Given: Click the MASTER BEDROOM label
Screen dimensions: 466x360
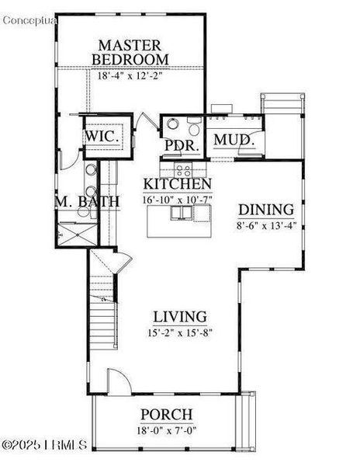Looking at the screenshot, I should (130, 51).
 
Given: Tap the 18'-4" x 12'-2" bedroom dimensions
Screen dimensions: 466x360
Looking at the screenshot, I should (130, 76).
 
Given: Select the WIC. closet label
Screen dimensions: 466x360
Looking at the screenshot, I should (102, 137).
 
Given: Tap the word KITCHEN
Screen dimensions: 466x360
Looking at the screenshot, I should (178, 184).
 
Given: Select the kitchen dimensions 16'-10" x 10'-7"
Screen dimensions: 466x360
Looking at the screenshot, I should (178, 200).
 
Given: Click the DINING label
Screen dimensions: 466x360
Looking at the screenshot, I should (266, 210).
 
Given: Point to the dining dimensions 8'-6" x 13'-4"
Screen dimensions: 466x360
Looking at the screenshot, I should (266, 225).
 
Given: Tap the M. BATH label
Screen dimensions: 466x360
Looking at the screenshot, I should (87, 203).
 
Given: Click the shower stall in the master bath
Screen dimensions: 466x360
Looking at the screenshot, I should (75, 231).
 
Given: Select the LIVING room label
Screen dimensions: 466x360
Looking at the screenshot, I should (179, 317).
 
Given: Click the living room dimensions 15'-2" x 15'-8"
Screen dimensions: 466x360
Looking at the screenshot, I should (179, 332).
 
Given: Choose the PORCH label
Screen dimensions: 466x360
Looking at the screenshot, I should (166, 415).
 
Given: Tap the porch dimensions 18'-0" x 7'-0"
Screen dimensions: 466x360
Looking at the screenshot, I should (166, 429).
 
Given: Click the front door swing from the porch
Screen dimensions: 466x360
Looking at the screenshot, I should (117, 382).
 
